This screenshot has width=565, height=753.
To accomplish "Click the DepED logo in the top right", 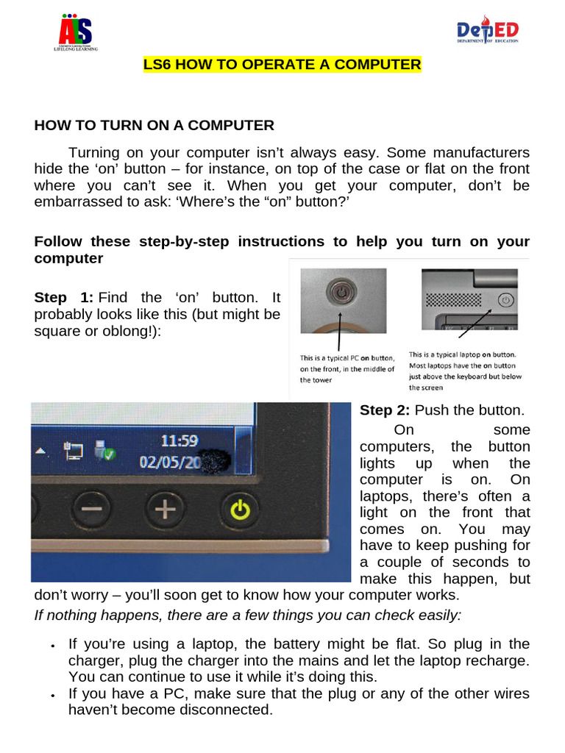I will tap(488, 32).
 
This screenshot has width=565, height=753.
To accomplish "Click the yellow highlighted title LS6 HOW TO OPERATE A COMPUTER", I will tap(282, 65).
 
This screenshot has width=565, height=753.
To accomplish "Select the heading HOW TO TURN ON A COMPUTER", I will tap(154, 126).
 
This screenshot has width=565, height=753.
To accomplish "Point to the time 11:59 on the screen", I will tap(180, 441).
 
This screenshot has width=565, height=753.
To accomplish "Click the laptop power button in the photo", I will tap(505, 299).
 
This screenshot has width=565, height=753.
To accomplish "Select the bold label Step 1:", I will tap(64, 298).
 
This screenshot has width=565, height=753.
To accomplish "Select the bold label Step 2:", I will tap(385, 410).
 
